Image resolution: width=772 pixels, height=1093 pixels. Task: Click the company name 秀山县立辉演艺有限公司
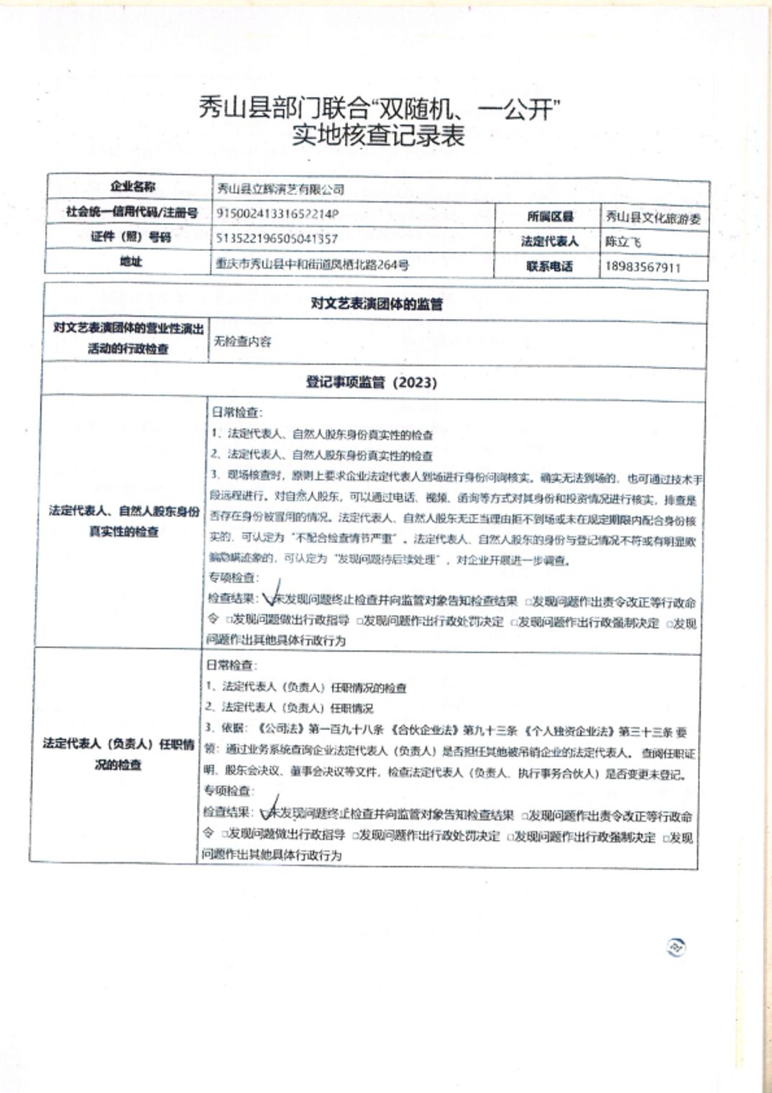coord(281,189)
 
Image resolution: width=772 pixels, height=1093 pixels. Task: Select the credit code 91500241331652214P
coord(277,214)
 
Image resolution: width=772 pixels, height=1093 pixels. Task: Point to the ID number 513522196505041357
coord(277,238)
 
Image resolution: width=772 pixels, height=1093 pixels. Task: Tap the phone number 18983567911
coord(643,267)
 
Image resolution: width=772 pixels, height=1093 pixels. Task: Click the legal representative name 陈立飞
coord(622,242)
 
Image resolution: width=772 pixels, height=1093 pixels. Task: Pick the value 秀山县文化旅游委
coord(653,217)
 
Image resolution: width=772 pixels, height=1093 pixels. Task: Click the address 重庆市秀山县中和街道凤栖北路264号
coord(313,265)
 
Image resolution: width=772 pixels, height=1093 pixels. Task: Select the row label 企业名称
coord(132,187)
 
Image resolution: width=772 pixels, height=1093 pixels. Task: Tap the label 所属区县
coord(550,216)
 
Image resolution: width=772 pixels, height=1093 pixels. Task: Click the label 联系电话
coord(549,266)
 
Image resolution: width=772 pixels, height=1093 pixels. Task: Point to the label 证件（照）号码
coord(131,237)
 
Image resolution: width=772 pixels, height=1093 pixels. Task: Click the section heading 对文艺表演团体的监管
coord(377,303)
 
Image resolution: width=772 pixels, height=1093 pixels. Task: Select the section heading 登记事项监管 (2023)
coord(372,382)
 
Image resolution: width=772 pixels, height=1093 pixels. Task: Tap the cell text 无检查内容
coord(242,342)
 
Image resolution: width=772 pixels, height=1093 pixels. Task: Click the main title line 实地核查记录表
coord(378,135)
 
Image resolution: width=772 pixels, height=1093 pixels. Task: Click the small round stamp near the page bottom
coord(676,947)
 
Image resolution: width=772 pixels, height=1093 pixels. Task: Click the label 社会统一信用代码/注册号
coord(132,212)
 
